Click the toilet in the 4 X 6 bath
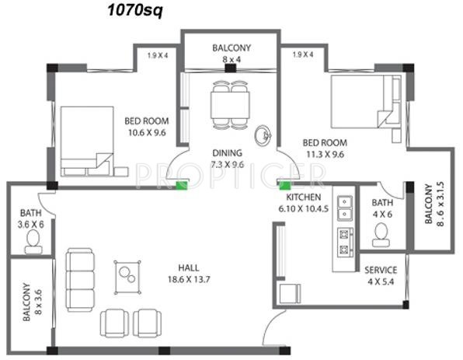click(381, 232)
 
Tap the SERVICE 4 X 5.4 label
click(381, 275)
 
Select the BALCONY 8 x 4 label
click(231, 53)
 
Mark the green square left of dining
click(183, 185)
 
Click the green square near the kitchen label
click(284, 185)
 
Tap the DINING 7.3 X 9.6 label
click(227, 159)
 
